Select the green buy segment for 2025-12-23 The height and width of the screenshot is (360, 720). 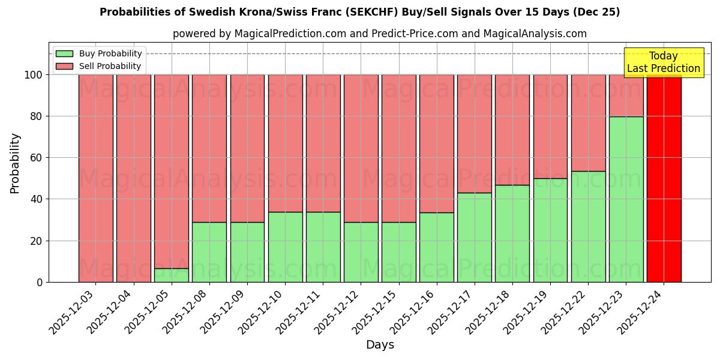pos(626,199)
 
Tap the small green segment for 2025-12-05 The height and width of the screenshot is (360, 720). pos(171,275)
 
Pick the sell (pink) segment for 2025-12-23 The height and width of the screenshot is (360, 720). pos(626,96)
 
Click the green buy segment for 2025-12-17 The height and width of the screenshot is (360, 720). pos(474,237)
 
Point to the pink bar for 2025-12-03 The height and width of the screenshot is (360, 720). pos(95,178)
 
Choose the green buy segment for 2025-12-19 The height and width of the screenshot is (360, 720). pos(550,230)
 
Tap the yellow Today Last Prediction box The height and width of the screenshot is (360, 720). pos(663,62)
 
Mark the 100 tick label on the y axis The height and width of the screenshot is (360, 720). pos(33,75)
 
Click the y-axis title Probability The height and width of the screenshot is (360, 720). pos(15,163)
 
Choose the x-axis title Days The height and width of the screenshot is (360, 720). pos(380,345)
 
